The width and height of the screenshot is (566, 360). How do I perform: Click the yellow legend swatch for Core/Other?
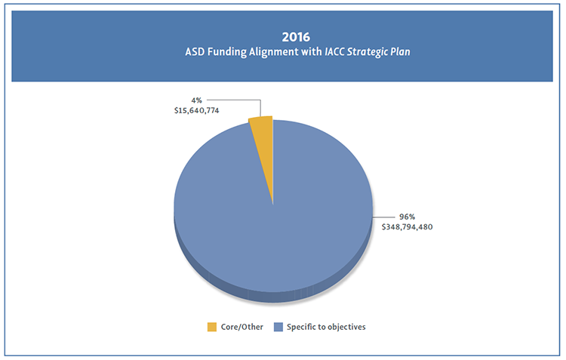(x=212, y=327)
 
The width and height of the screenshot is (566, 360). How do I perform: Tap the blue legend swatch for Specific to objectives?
(x=278, y=327)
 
